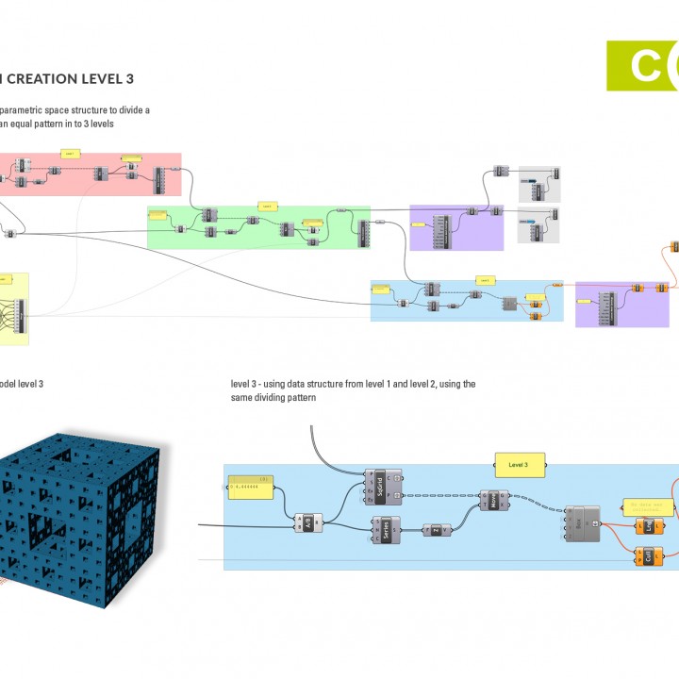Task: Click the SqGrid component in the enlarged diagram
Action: coord(379,488)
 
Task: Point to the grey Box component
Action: coord(581,522)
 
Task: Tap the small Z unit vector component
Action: coord(437,530)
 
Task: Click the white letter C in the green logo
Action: coord(643,66)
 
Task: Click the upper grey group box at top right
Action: coord(540,184)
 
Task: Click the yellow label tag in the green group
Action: coord(267,205)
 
